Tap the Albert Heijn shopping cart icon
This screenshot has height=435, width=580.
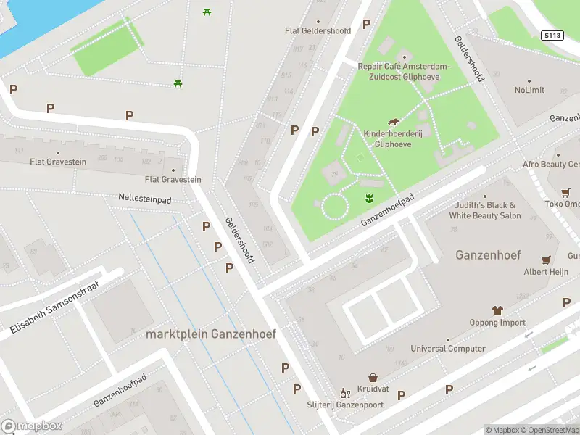547,259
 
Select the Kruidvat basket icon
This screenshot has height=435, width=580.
373,378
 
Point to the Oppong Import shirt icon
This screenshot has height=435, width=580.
497,310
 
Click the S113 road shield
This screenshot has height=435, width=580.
552,35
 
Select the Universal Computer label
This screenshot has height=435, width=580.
448,349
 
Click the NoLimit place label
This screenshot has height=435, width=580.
529,91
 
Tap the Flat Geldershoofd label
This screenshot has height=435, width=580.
318,31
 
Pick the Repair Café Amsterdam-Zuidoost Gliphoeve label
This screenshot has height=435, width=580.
404,71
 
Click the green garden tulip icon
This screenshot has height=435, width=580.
368,198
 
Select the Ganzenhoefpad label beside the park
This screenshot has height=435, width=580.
387,209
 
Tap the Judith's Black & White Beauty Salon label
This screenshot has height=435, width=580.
485,210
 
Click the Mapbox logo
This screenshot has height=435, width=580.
31,426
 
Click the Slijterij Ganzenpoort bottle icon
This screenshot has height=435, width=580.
344,394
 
